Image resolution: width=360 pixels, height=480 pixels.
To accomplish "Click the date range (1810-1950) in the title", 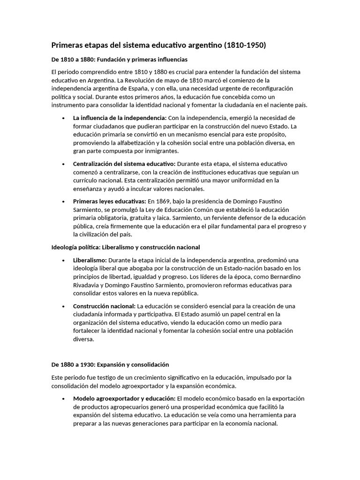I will (x=245, y=45).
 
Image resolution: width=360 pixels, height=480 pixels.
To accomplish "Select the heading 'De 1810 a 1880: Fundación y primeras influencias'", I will (x=119, y=60).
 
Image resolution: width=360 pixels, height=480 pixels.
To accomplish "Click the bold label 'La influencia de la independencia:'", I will (x=120, y=118).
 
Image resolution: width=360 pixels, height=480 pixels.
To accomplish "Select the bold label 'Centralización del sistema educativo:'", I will (x=124, y=164).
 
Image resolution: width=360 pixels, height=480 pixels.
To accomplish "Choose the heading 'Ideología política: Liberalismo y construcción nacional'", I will (x=125, y=247).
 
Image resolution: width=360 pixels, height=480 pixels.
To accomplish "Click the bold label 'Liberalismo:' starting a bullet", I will (x=90, y=260).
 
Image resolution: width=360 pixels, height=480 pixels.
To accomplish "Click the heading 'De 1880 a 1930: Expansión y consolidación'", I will (x=110, y=364).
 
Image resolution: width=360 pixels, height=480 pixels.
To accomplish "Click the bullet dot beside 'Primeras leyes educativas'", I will (x=63, y=201).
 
